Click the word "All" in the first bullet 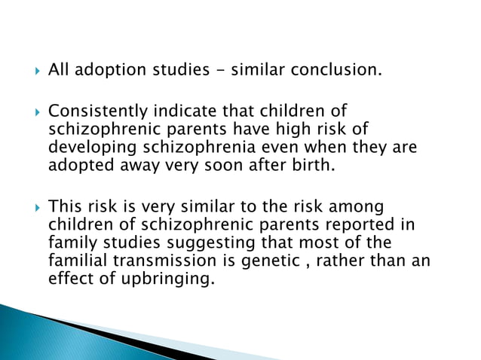coord(58,72)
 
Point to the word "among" coord(362,205)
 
